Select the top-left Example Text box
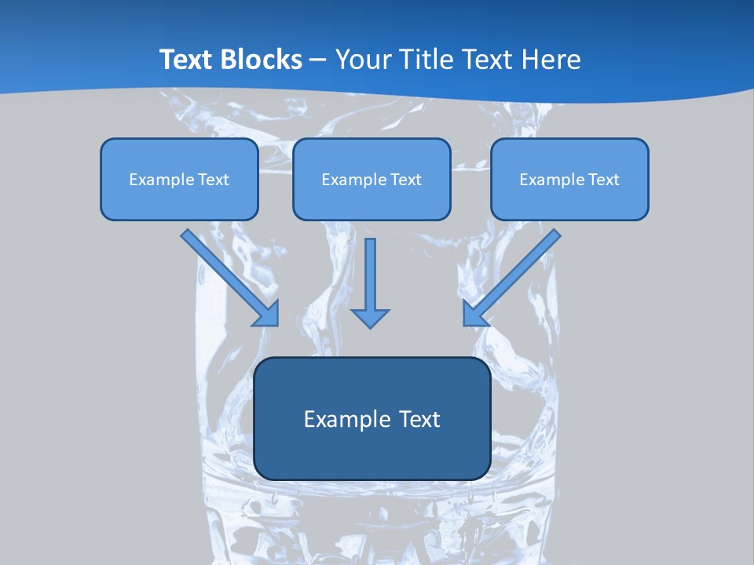[x=179, y=179]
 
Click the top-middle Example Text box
[x=372, y=179]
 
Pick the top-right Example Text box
[x=569, y=179]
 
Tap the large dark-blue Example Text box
[x=372, y=418]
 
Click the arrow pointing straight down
[x=370, y=282]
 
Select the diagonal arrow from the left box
[x=228, y=275]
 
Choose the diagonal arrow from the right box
[x=513, y=275]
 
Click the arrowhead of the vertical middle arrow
[x=370, y=318]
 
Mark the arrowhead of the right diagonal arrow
[x=474, y=313]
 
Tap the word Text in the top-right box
[x=603, y=180]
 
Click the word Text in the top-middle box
[x=405, y=180]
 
